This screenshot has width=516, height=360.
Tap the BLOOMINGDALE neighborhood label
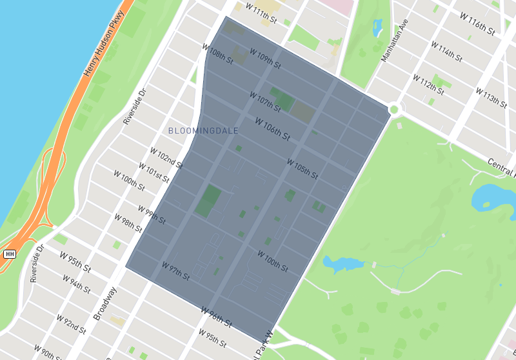[x=203, y=130]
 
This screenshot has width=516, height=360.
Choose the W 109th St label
[x=265, y=60]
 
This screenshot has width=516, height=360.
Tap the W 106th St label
[x=272, y=128]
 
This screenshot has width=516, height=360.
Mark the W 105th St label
[x=302, y=170]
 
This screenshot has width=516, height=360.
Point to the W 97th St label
[x=175, y=270]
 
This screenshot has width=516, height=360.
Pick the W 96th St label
[x=215, y=316]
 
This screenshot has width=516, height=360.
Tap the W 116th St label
[x=477, y=24]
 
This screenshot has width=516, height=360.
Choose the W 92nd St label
[x=72, y=324]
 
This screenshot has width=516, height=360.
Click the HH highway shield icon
[x=9, y=254]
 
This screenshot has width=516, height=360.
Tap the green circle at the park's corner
[x=393, y=110]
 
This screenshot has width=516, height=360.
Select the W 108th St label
[x=217, y=52]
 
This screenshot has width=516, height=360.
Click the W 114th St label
[x=446, y=53]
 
